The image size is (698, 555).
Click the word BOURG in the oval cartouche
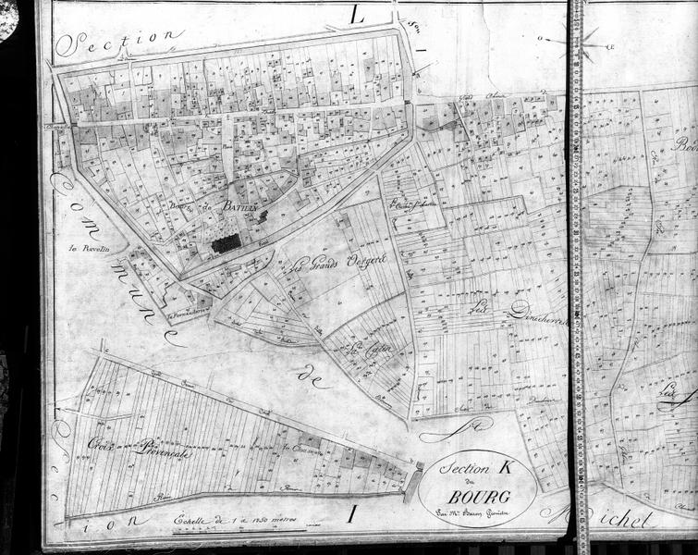pos(474,491)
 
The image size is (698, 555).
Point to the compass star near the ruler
pos(589,42)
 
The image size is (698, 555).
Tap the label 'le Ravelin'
pos(89,248)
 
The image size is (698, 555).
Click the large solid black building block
pos(227,242)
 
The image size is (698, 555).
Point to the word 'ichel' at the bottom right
pos(623,519)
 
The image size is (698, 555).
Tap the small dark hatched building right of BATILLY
pos(263,216)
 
